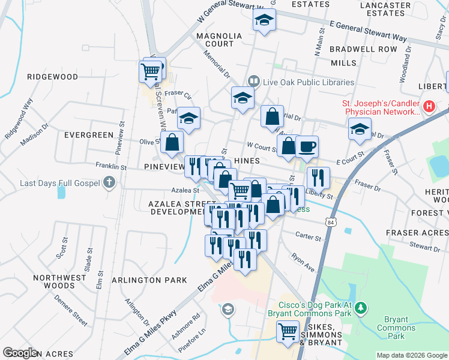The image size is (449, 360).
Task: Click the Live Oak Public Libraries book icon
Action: tap(254, 82)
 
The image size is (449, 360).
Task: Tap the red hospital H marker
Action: tap(429, 107)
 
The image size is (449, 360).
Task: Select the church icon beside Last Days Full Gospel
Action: tap(109, 182)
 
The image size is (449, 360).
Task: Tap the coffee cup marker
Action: tap(307, 146)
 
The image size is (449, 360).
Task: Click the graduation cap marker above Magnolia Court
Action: tap(262, 20)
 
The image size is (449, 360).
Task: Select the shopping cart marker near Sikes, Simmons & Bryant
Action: tap(288, 331)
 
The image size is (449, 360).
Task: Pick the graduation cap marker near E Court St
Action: tap(360, 129)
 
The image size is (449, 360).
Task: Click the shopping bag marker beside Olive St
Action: tap(172, 142)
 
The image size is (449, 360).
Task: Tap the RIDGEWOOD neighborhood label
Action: tap(53, 77)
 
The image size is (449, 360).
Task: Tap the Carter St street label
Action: tap(309, 237)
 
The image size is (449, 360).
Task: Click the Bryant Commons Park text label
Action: tap(397, 328)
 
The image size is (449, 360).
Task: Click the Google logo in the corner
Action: tap(21, 353)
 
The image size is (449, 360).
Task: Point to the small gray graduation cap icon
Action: tap(228, 310)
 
